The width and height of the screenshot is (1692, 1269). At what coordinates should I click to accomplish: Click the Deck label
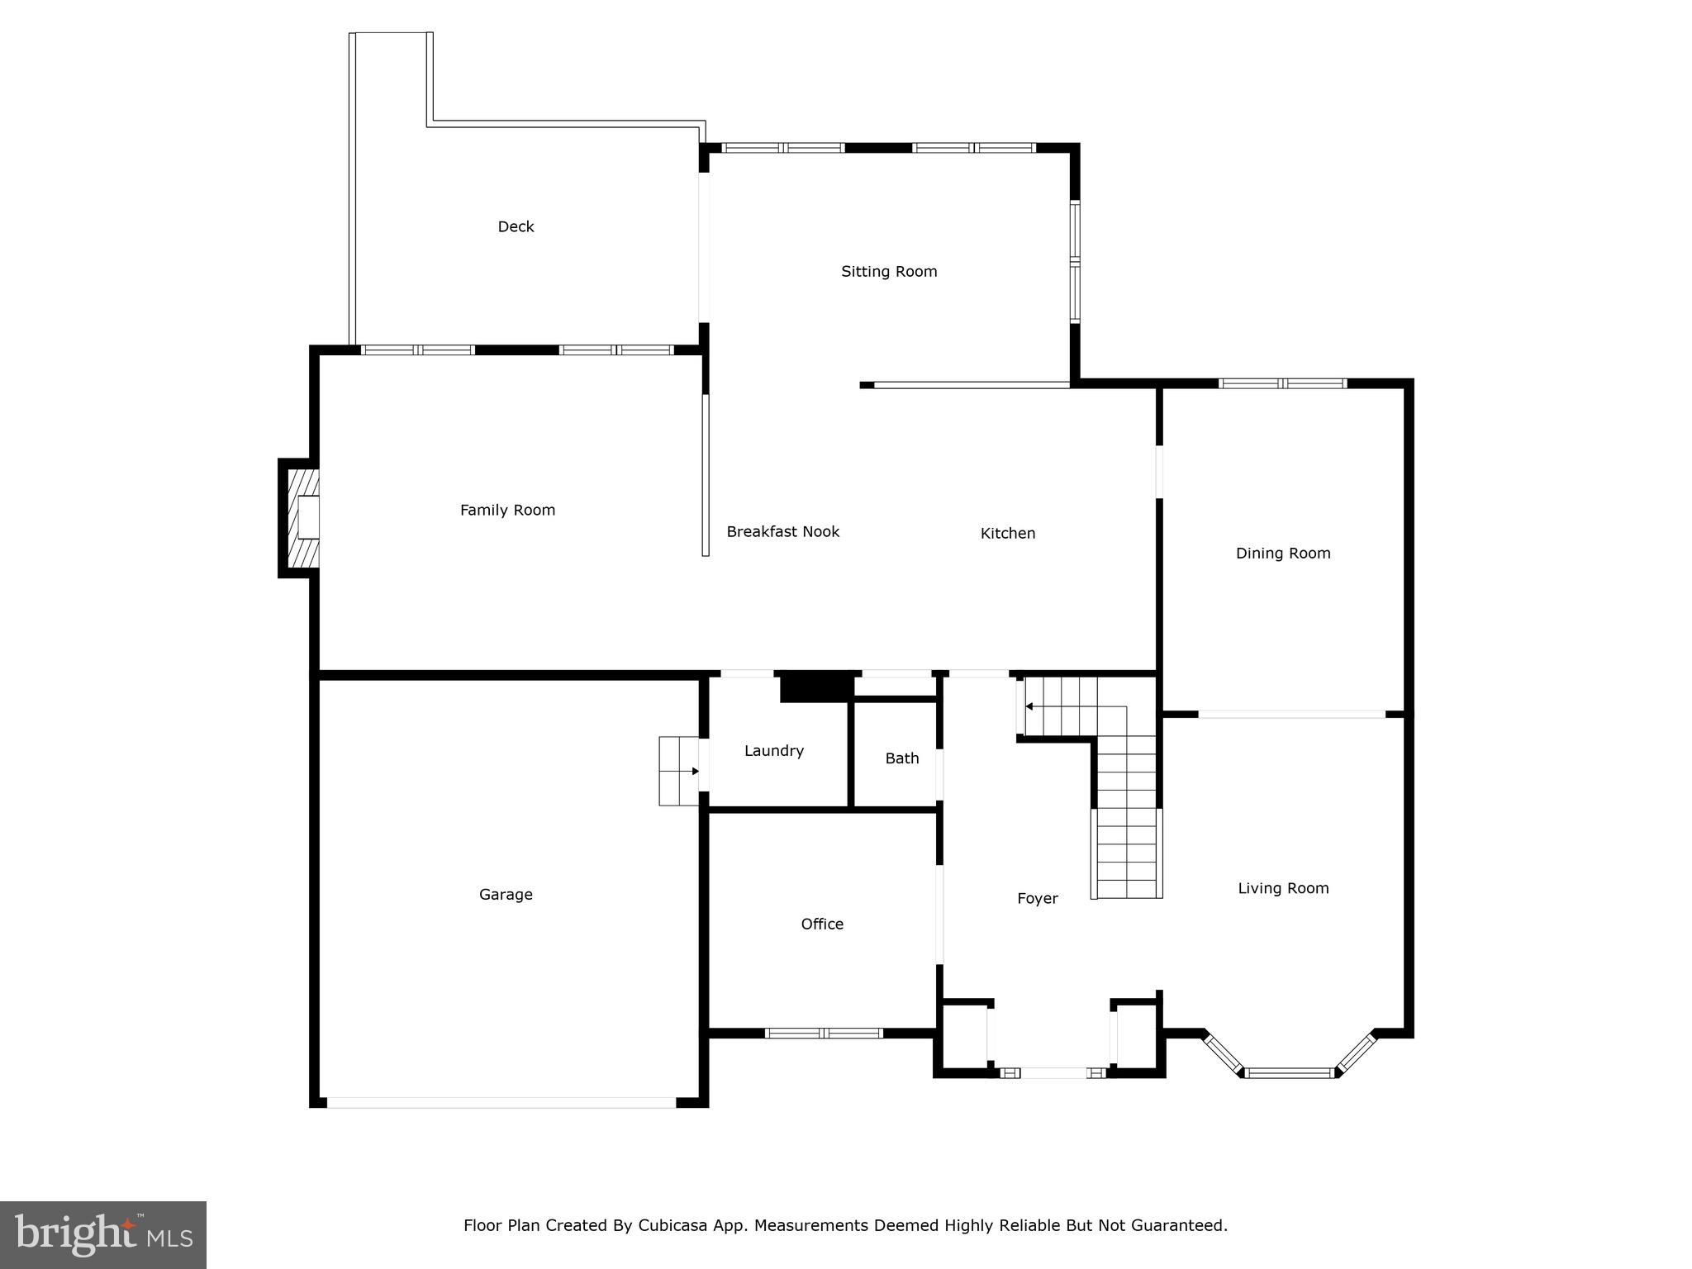point(516,226)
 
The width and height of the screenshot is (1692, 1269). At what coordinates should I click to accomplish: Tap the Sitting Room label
point(889,271)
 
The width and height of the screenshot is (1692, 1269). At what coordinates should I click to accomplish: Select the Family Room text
point(507,510)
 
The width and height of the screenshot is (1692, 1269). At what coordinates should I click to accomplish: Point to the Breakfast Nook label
point(782,531)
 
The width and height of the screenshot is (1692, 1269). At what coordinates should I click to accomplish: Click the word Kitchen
point(1007,533)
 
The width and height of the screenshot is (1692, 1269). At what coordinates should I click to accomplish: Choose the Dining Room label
point(1282,553)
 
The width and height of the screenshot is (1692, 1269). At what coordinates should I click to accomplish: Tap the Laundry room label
point(773,750)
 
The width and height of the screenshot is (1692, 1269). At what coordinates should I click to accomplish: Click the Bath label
point(901,758)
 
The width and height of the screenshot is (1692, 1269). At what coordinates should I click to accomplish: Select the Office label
point(822,924)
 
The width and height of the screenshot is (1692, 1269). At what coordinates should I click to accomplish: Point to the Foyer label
point(1037,898)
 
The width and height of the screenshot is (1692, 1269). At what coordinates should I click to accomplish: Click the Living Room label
point(1282,888)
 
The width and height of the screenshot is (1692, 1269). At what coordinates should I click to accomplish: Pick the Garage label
point(506,894)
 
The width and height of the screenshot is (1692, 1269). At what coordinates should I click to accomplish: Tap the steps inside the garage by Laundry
point(677,771)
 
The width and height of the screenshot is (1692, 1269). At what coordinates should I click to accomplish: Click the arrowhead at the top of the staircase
point(1029,706)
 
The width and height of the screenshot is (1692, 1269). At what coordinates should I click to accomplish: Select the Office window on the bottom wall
point(823,1033)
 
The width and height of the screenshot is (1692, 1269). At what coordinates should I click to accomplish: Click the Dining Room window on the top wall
point(1282,383)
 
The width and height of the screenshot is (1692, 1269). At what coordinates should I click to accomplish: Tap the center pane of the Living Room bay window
point(1289,1073)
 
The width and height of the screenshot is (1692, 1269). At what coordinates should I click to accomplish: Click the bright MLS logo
point(103,1235)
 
